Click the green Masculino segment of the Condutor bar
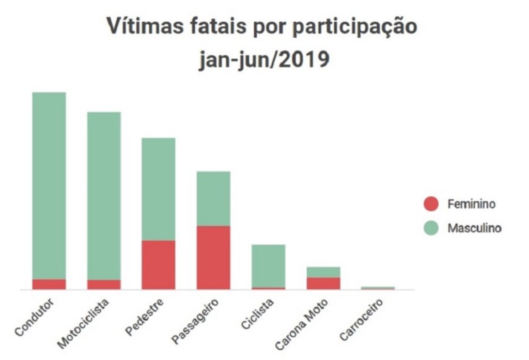pos(49,185)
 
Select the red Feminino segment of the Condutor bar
pos(49,284)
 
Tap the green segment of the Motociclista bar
pos(104,196)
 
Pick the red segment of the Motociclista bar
pos(104,285)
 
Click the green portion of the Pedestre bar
pos(159,189)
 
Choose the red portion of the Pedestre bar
pos(159,264)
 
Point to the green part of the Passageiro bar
pos(213,198)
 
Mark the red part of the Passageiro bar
pos(213,257)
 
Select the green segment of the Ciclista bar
pos(268,265)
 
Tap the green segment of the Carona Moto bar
pos(323,272)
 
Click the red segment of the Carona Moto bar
pos(323,283)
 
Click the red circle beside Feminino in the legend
pos(430,204)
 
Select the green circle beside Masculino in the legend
pos(430,228)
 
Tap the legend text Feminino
pos(471,204)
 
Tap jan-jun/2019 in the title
pos(264,59)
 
